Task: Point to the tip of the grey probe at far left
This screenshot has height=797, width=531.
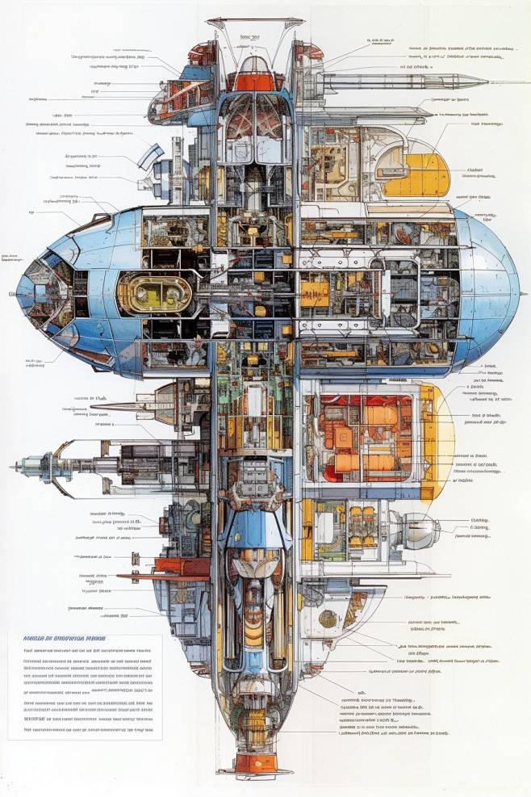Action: pos(13,467)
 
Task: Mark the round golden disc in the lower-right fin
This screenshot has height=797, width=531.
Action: pos(327,618)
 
